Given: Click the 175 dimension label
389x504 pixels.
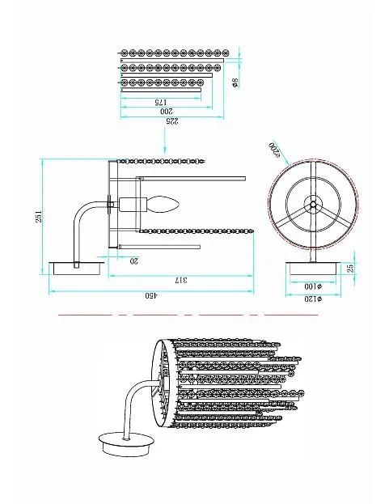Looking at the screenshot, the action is pyautogui.click(x=161, y=102).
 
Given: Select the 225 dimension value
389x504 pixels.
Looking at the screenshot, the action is pyautogui.click(x=171, y=121).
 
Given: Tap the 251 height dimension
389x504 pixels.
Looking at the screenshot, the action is pyautogui.click(x=39, y=216).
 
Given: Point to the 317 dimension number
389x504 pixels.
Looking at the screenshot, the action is pyautogui.click(x=181, y=280).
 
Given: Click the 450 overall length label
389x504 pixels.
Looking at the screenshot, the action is pyautogui.click(x=151, y=296).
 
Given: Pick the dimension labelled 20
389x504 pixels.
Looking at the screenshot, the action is pyautogui.click(x=133, y=260).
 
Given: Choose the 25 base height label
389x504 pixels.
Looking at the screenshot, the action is pyautogui.click(x=351, y=268).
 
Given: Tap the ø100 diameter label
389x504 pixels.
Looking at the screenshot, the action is pyautogui.click(x=313, y=286).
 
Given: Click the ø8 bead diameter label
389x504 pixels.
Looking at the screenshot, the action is pyautogui.click(x=235, y=83).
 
